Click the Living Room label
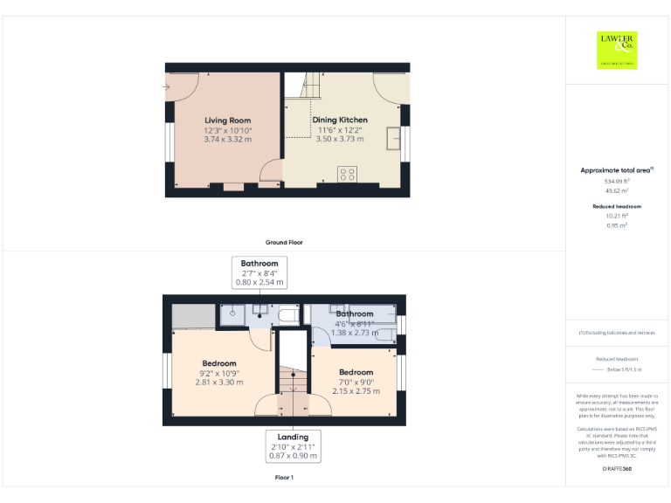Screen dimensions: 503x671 pyautogui.click(x=227, y=121)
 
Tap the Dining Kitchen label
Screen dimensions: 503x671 pyautogui.click(x=340, y=120)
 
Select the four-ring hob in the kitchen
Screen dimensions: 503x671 pyautogui.click(x=347, y=173)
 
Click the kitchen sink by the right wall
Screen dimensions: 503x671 pyautogui.click(x=394, y=138)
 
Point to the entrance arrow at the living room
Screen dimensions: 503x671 pyautogui.click(x=166, y=86)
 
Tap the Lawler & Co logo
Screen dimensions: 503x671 pyautogui.click(x=617, y=49)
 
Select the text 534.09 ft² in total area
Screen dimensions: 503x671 pyautogui.click(x=617, y=181)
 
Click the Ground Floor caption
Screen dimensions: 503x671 pyautogui.click(x=284, y=242)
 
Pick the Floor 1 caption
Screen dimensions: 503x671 pyautogui.click(x=284, y=478)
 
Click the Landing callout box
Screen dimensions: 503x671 pyautogui.click(x=293, y=445)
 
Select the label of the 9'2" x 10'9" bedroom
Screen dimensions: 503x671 pyautogui.click(x=219, y=363)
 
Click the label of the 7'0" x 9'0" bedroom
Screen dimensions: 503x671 pyautogui.click(x=356, y=372)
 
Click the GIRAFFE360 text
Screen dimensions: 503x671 pyautogui.click(x=617, y=469)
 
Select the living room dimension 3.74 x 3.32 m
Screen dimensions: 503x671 pyautogui.click(x=227, y=139)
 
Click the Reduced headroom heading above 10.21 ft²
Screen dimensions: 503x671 pyautogui.click(x=617, y=206)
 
